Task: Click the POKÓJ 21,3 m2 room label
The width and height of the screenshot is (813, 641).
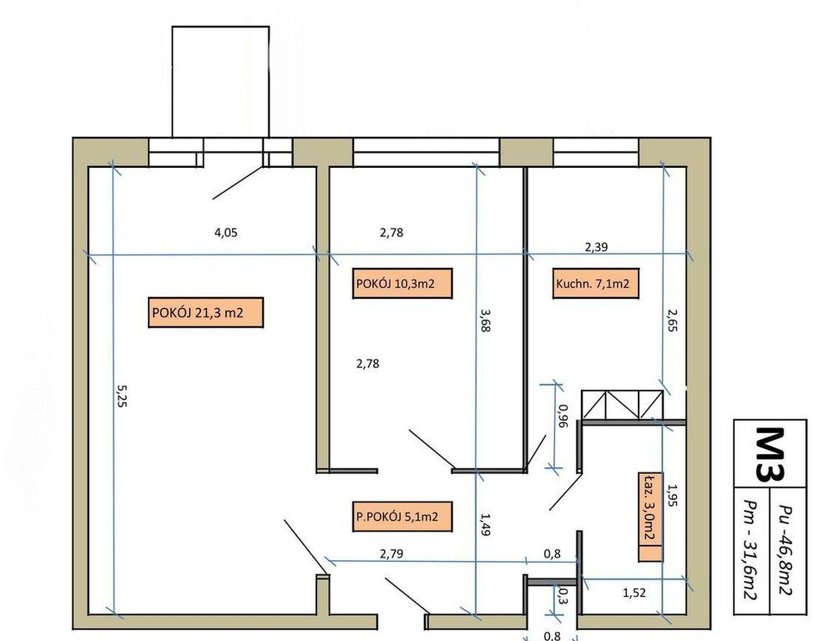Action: [x=206, y=313]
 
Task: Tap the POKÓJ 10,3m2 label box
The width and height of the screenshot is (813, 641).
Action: [x=402, y=283]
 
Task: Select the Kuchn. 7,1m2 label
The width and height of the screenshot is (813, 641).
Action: [x=596, y=283]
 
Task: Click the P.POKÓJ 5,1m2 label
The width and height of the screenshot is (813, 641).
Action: [x=401, y=517]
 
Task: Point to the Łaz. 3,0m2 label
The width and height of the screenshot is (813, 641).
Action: [x=650, y=517]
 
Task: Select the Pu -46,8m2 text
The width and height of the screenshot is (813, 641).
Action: [x=787, y=551]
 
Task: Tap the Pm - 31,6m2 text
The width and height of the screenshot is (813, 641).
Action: [x=751, y=551]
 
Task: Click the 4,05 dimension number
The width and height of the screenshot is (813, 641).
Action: [x=226, y=232]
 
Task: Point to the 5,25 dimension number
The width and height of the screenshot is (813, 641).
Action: [x=121, y=396]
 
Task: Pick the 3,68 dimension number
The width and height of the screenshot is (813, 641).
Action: [x=484, y=320]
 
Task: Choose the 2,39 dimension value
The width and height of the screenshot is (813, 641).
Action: [x=596, y=247]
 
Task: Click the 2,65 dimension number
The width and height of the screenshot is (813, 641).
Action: [x=672, y=320]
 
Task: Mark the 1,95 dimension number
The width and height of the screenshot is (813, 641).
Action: [x=672, y=495]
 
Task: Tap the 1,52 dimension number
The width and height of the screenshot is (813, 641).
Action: [x=634, y=593]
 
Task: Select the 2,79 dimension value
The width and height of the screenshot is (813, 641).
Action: [x=391, y=554]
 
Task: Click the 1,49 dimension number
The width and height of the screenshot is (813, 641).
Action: [x=484, y=524]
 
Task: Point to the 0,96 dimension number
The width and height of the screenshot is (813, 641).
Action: [x=563, y=416]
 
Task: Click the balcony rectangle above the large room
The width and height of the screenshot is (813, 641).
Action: [x=220, y=82]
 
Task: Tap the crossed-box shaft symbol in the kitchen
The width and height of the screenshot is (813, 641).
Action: [x=622, y=405]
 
